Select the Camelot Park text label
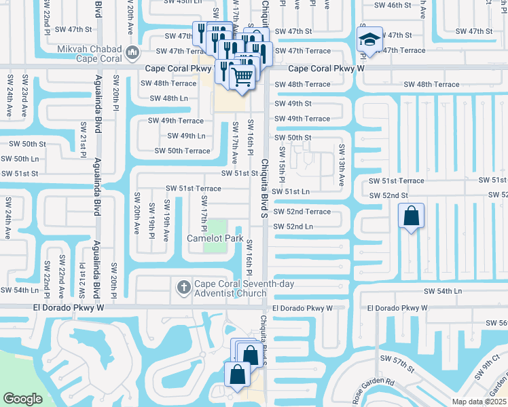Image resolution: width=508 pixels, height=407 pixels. click(x=215, y=239)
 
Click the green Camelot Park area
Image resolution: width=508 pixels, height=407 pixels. click(x=216, y=227)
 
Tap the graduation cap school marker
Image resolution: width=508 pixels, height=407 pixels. click(x=371, y=39)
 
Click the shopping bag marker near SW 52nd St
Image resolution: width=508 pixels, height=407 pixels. click(x=412, y=217)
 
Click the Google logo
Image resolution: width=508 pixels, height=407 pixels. click(x=22, y=399)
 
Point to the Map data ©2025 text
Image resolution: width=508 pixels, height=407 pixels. click(x=480, y=402)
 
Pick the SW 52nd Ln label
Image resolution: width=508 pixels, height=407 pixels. click(x=293, y=227)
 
